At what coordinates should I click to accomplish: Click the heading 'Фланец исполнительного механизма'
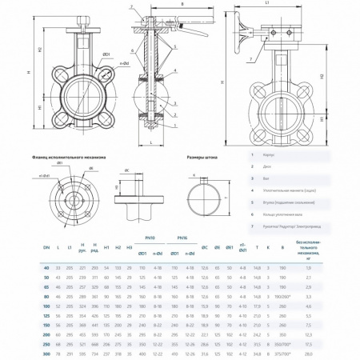63,157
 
